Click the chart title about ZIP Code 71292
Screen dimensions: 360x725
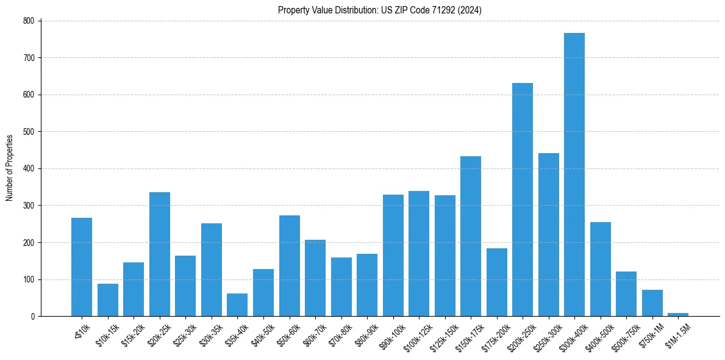pyautogui.click(x=379, y=10)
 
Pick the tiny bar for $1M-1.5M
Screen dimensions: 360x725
pyautogui.click(x=678, y=314)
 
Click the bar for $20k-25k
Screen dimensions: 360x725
pyautogui.click(x=160, y=254)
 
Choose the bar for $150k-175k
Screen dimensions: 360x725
pyautogui.click(x=471, y=236)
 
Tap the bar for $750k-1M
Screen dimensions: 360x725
pyautogui.click(x=652, y=303)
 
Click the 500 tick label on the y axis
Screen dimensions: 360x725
pyautogui.click(x=31, y=132)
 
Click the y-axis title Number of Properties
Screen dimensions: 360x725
pyautogui.click(x=10, y=168)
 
